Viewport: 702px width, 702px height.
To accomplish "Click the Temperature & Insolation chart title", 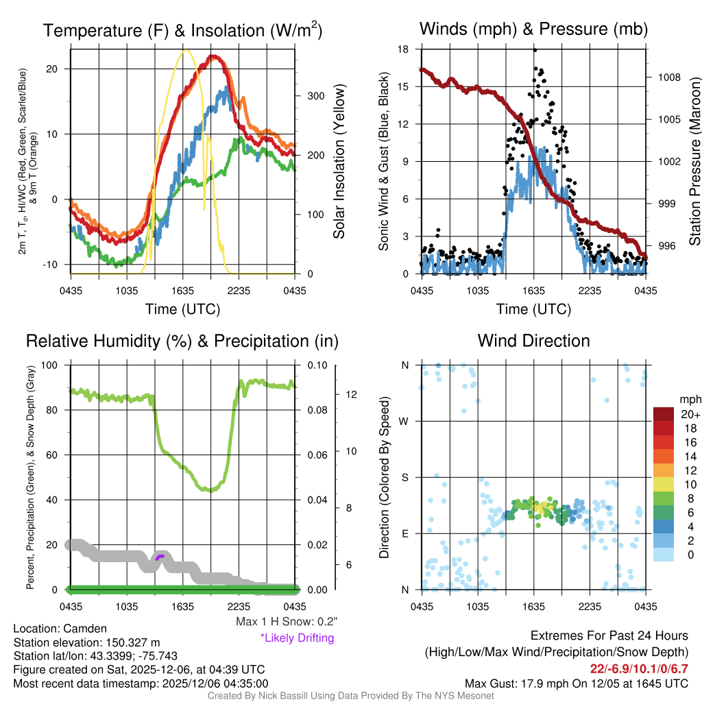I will [x=182, y=30].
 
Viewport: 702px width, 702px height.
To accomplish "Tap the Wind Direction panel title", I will [x=533, y=341].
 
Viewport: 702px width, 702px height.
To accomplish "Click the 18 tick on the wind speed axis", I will [x=404, y=49].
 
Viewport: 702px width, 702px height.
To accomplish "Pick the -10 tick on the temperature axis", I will [x=58, y=265].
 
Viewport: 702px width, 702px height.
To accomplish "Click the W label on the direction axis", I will [x=405, y=421].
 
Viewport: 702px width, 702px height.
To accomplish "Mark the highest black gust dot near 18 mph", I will [x=535, y=49].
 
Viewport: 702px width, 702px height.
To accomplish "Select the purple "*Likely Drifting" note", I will [x=297, y=638].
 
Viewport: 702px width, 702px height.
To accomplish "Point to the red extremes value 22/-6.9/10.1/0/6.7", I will [x=639, y=668].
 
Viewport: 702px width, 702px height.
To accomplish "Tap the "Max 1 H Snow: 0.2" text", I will [x=286, y=622].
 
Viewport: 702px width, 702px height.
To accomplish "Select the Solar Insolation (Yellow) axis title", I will [x=339, y=162].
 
